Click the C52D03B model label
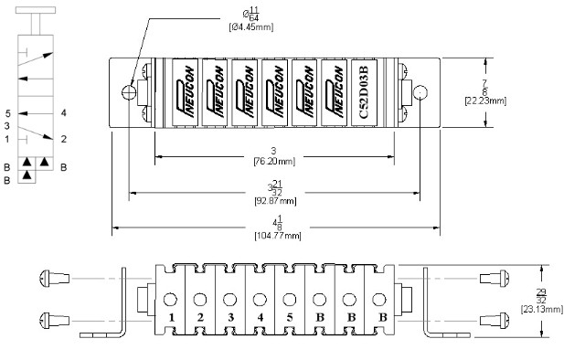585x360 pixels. tap(364, 92)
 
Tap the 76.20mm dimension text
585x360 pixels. tap(274, 161)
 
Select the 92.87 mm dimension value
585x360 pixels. tap(275, 201)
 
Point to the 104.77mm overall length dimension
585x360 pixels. tap(278, 236)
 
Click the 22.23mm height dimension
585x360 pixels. tap(485, 101)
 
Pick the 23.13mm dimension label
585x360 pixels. tap(542, 309)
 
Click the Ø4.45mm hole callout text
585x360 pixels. tap(251, 26)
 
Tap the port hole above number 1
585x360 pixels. tap(170, 300)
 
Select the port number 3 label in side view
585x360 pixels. tap(230, 317)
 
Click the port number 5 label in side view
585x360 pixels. tap(290, 317)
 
